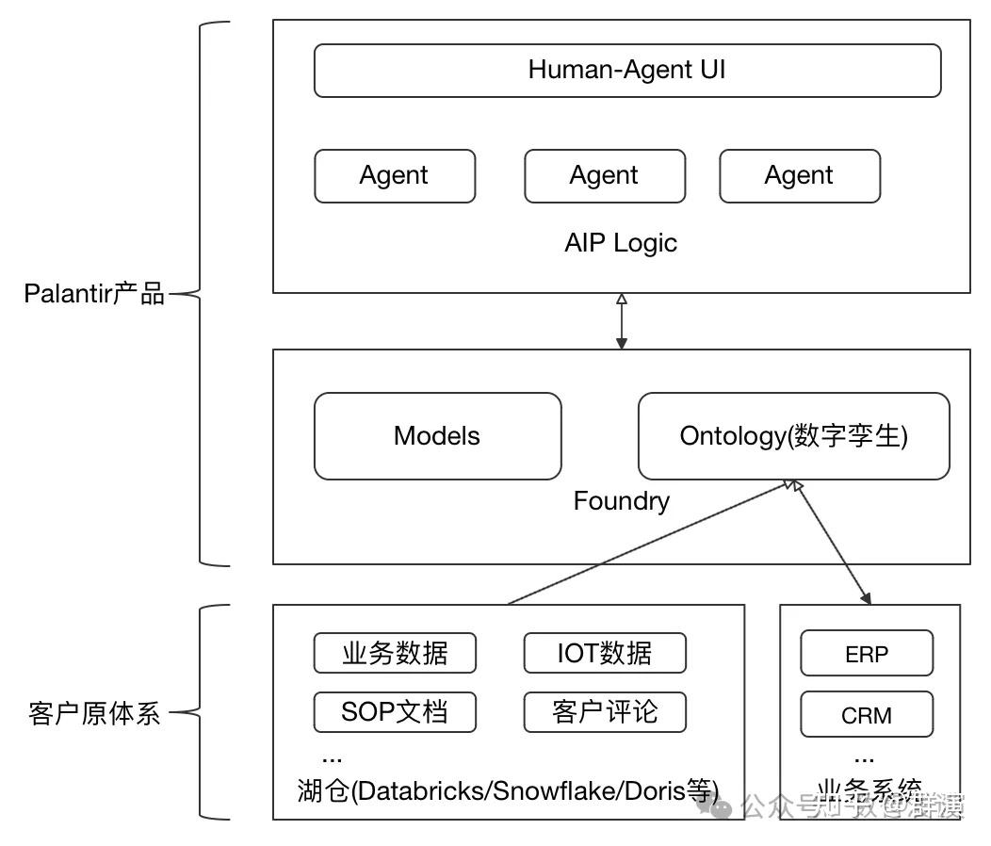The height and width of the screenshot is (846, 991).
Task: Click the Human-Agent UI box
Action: tap(626, 71)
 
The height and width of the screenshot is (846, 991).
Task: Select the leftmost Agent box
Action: tap(394, 176)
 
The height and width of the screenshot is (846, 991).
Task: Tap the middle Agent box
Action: tap(604, 176)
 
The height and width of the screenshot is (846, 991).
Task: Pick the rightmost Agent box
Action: tap(799, 176)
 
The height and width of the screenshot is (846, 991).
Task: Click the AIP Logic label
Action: tap(620, 243)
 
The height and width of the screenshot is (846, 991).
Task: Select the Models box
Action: tap(437, 436)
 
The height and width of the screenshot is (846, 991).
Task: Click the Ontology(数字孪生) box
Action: tap(793, 436)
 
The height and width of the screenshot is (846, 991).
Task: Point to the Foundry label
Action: tap(621, 500)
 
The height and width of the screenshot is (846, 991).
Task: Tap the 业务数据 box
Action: tap(394, 653)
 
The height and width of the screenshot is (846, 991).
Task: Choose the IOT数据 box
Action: tap(604, 653)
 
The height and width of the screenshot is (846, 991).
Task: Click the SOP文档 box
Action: tap(394, 711)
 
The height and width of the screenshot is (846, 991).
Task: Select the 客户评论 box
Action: tap(604, 711)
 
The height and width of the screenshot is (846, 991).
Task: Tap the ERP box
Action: tap(866, 654)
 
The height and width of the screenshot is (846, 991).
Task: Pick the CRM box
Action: tap(866, 715)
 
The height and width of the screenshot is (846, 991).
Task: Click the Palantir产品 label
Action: tap(94, 294)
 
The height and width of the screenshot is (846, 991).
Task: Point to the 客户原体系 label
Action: tap(94, 713)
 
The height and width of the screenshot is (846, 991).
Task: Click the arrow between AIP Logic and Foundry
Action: tap(621, 321)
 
